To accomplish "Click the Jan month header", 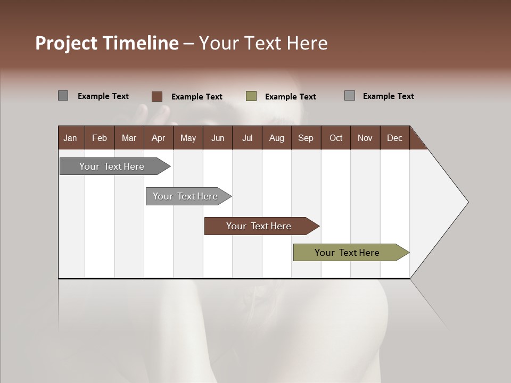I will pyautogui.click(x=70, y=138).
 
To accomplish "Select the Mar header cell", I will pyautogui.click(x=129, y=138).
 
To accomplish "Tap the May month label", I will pyautogui.click(x=188, y=138).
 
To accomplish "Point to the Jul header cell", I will pyautogui.click(x=247, y=138).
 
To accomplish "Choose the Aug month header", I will pyautogui.click(x=276, y=138).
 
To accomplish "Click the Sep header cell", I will pyautogui.click(x=306, y=138).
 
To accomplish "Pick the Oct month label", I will pyautogui.click(x=336, y=138).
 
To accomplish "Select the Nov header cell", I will pyautogui.click(x=365, y=138).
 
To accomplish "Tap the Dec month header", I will pyautogui.click(x=394, y=138).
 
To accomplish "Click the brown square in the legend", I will pyautogui.click(x=157, y=96).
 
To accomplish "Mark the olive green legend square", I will pyautogui.click(x=251, y=96).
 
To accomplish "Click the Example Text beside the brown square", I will pyautogui.click(x=197, y=97).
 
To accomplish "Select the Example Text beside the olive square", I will pyautogui.click(x=291, y=97).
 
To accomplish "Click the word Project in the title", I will pyautogui.click(x=66, y=43).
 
